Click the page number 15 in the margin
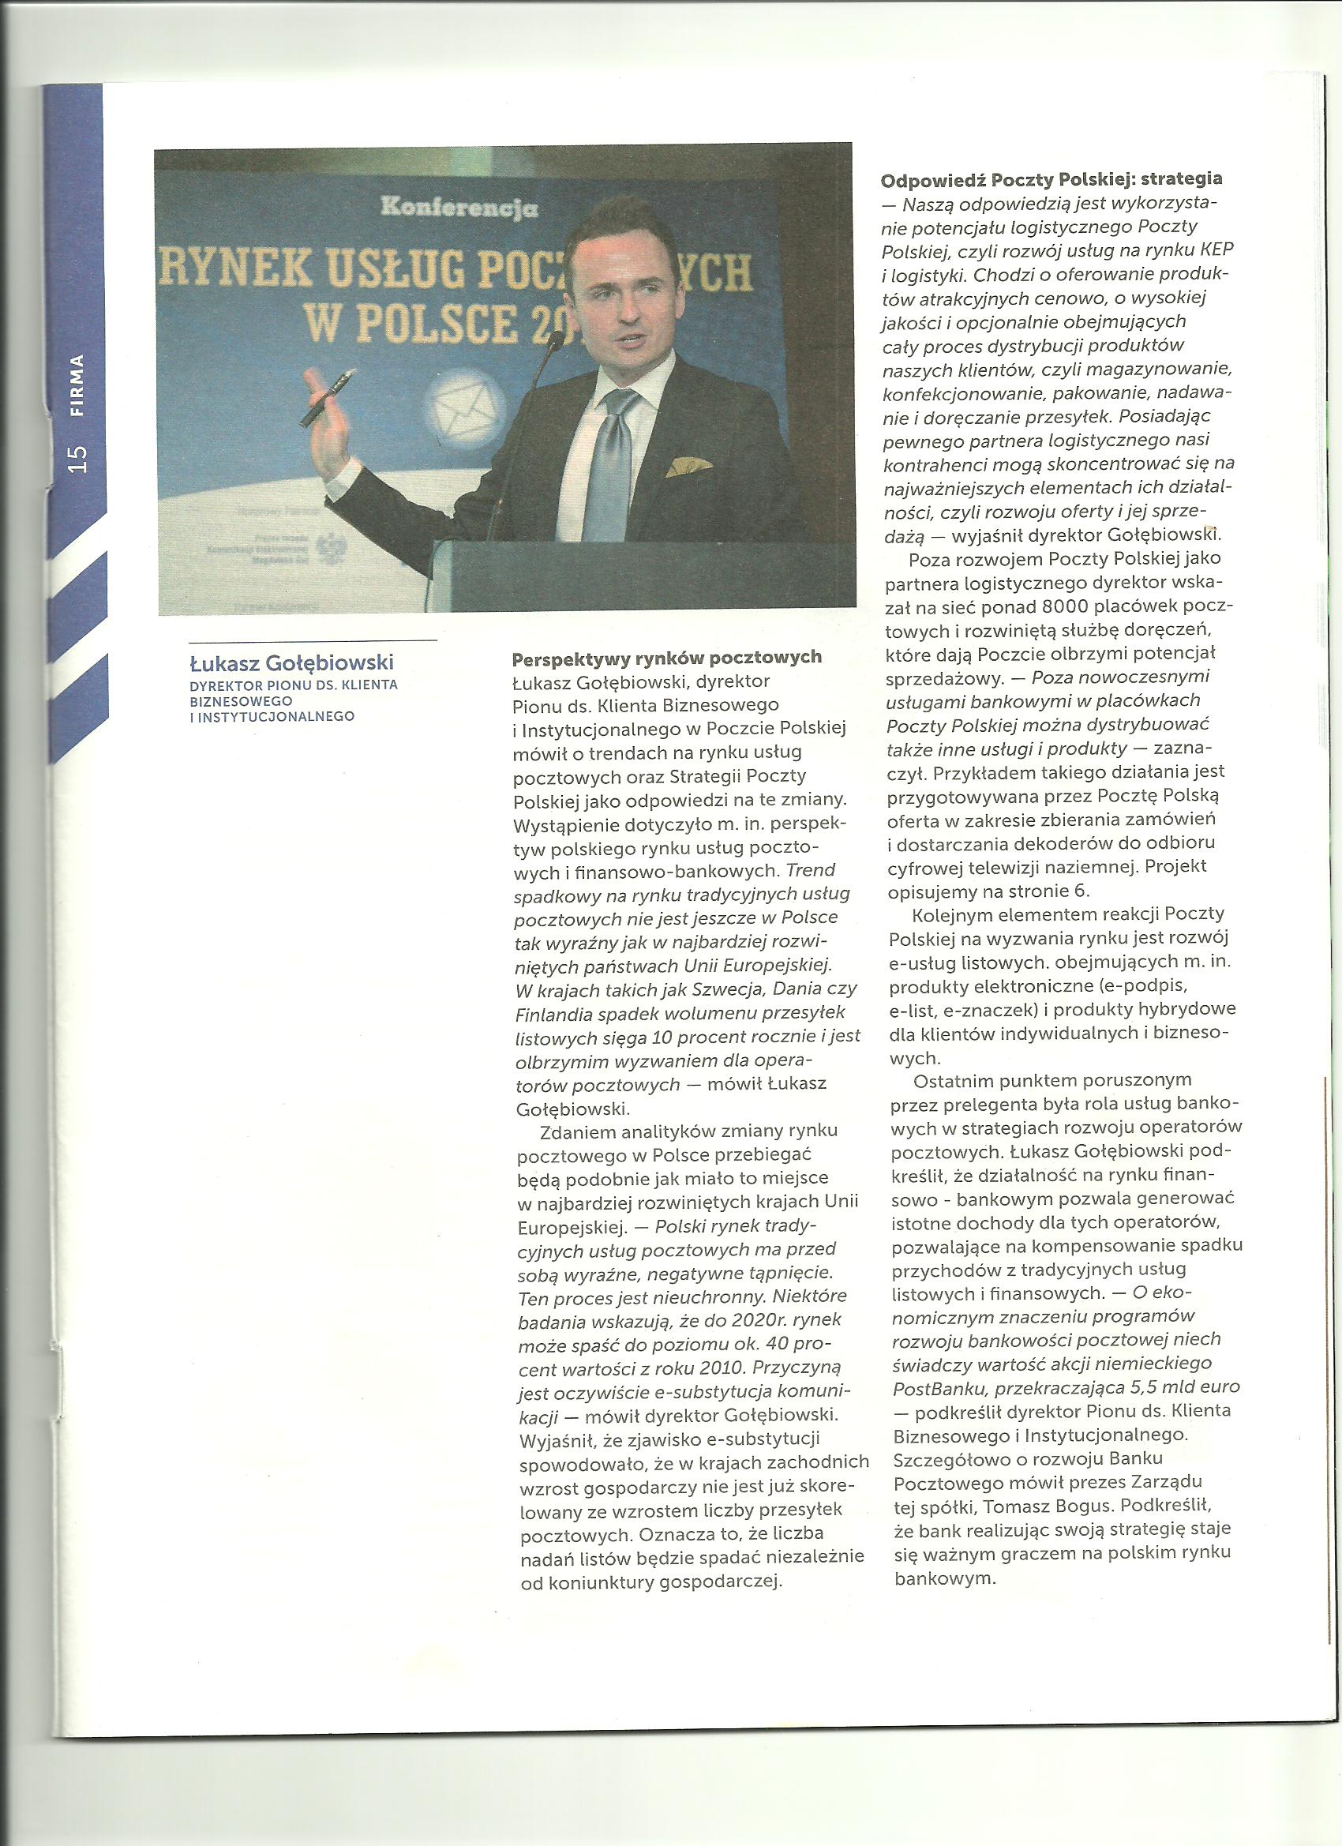click(x=79, y=458)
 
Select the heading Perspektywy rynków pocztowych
click(x=666, y=657)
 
